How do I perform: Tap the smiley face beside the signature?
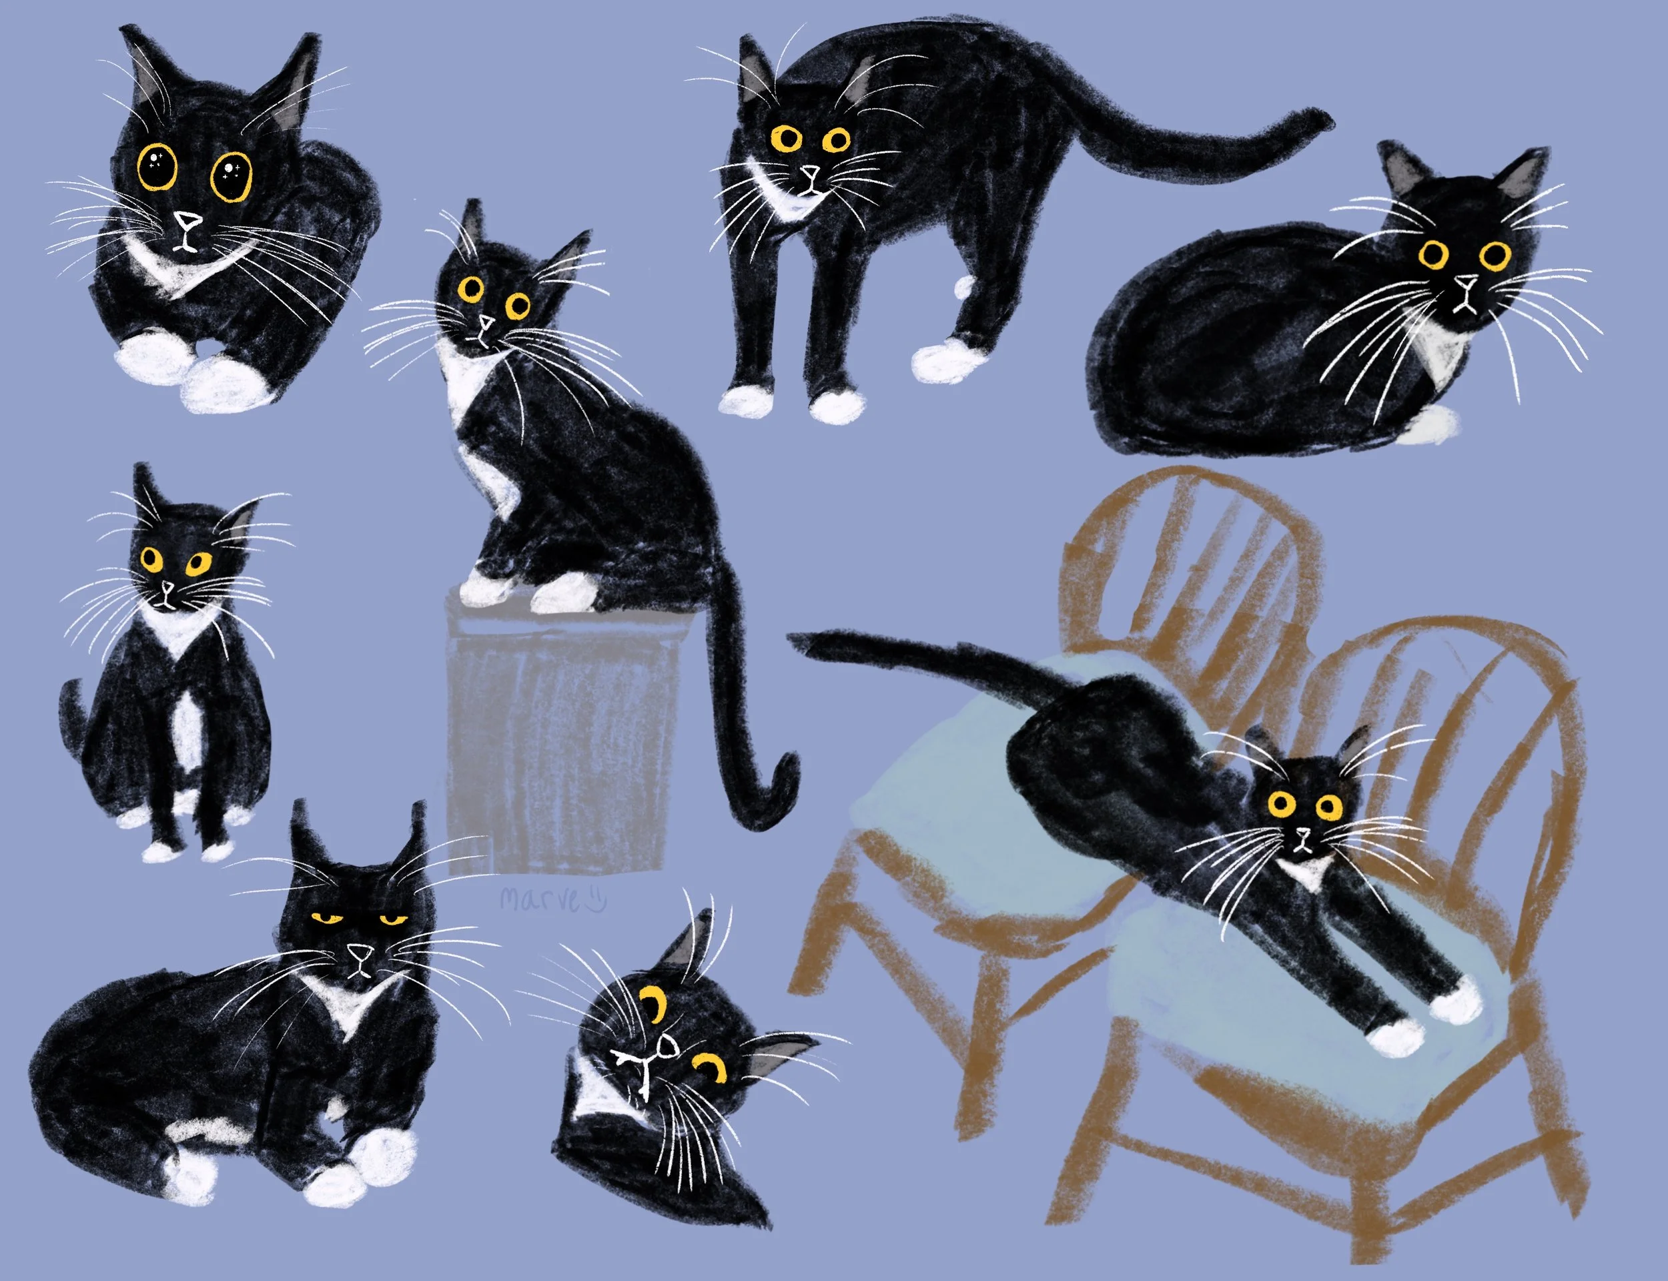click(x=594, y=900)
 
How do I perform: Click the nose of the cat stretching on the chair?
click(x=1304, y=833)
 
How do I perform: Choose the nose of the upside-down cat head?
click(x=665, y=1051)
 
